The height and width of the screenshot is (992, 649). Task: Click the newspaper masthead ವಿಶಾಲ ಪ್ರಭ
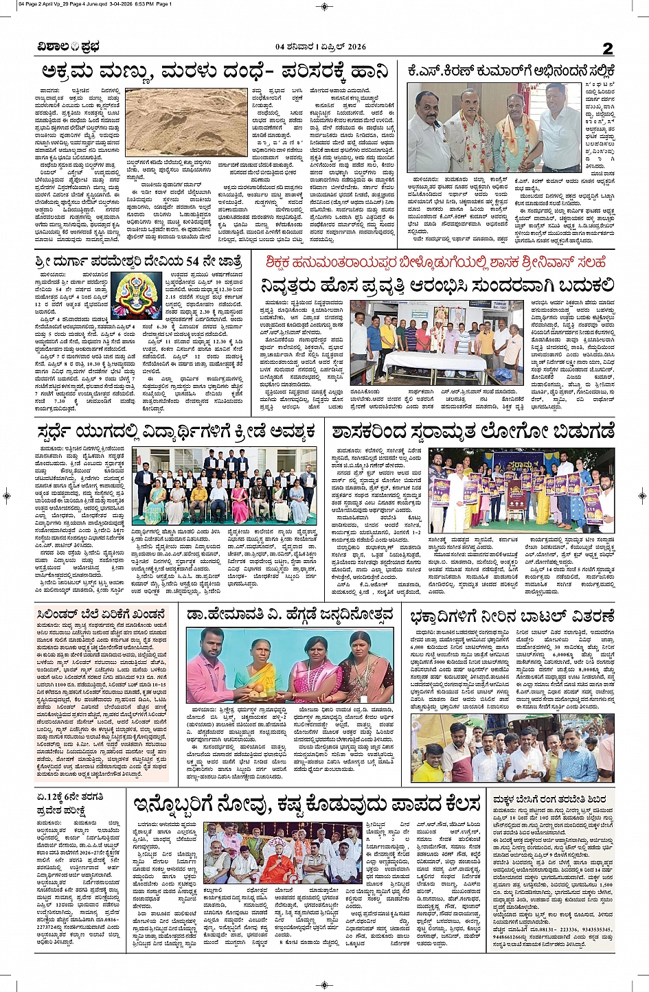click(x=69, y=47)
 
